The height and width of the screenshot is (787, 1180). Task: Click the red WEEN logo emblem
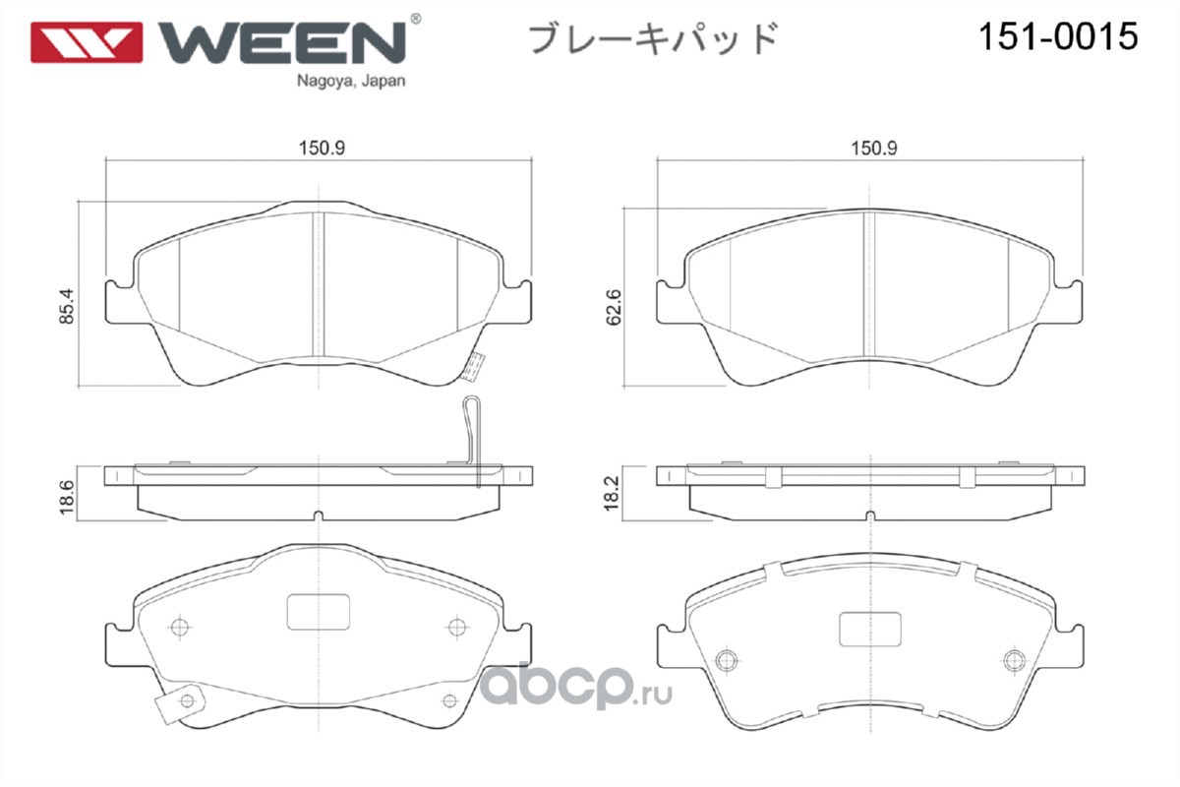click(87, 42)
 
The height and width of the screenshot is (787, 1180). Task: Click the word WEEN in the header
click(282, 42)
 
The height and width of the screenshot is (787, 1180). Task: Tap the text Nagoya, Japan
click(351, 81)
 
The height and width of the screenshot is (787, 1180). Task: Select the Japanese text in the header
click(653, 38)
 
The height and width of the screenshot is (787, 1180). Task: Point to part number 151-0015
click(1058, 36)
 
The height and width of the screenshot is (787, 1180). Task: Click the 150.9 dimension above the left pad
click(322, 149)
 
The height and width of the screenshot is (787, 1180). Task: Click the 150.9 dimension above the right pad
click(874, 149)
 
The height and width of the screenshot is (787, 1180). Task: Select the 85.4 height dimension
click(67, 306)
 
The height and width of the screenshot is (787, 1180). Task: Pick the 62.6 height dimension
click(614, 307)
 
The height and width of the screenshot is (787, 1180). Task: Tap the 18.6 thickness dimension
click(67, 497)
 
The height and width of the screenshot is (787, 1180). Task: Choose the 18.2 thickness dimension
click(611, 493)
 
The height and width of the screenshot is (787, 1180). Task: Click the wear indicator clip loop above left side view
click(472, 440)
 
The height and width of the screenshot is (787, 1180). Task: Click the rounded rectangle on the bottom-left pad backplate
click(319, 612)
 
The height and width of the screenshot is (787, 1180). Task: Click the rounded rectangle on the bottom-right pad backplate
click(869, 630)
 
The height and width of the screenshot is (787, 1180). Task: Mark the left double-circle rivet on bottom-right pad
click(727, 659)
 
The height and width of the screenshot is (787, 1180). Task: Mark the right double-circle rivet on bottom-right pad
click(1015, 659)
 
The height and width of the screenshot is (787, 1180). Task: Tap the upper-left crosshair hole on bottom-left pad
click(180, 628)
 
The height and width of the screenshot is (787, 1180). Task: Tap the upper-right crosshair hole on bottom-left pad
click(456, 628)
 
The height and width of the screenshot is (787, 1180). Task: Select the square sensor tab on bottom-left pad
click(179, 703)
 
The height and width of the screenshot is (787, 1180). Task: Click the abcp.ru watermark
click(576, 686)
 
